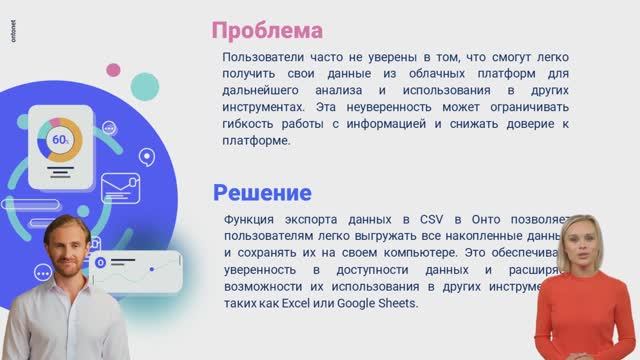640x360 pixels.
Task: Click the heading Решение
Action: [262, 192]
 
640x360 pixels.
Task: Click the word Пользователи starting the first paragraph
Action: [263, 57]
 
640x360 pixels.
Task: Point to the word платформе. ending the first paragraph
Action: [257, 141]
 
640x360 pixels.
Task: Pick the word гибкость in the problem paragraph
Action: [248, 125]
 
